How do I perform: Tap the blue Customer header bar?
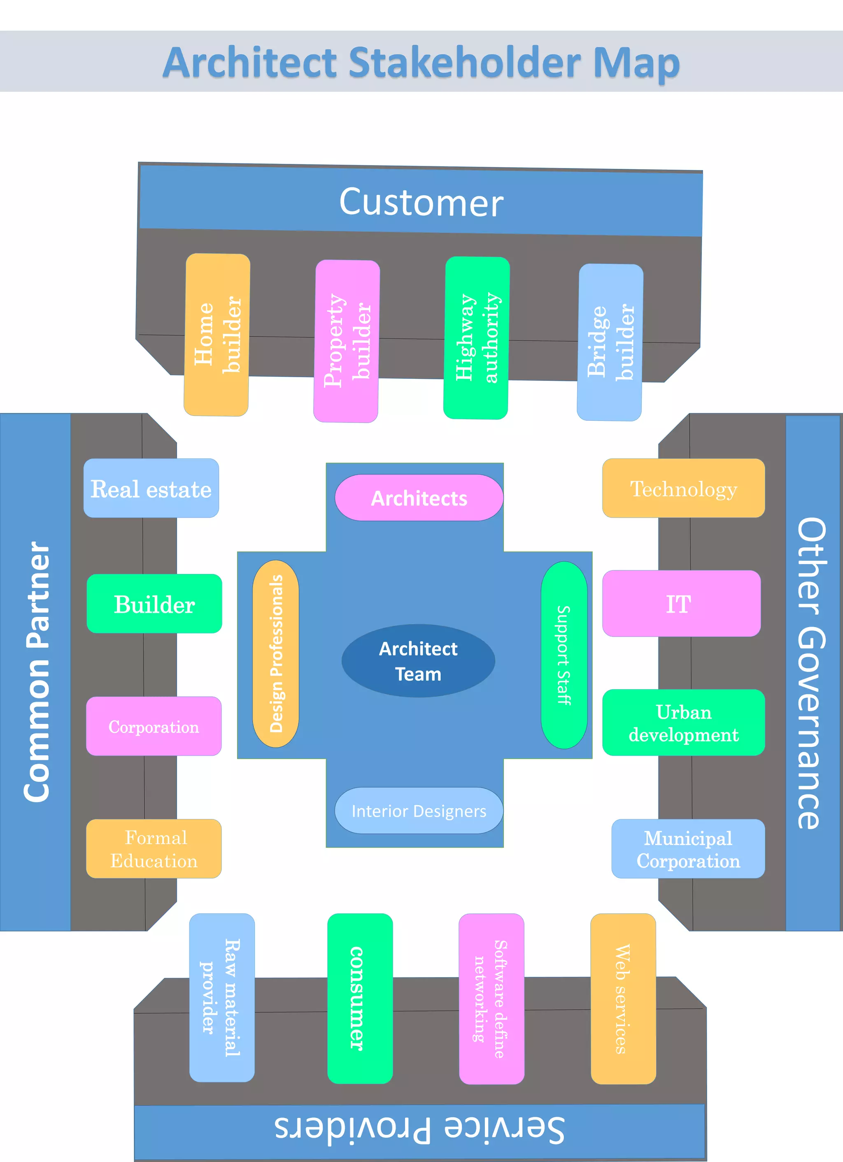[421, 202]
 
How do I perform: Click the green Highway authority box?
[476, 338]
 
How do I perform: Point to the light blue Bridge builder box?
[610, 342]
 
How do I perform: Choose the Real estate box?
[151, 488]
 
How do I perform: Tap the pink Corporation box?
[154, 726]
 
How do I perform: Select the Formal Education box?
[154, 849]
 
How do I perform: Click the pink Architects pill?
[419, 498]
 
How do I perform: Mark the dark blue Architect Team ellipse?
[418, 661]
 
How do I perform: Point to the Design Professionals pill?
[275, 654]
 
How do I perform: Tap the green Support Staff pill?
[564, 655]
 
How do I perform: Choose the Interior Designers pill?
[419, 810]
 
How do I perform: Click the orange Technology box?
[683, 488]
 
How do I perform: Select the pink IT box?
[681, 604]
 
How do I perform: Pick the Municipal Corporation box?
[688, 849]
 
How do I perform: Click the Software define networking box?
[491, 999]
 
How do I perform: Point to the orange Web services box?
[623, 999]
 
